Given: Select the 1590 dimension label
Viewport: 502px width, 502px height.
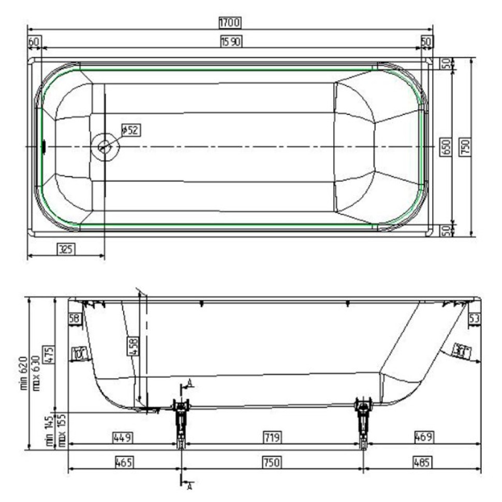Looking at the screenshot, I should click(231, 41).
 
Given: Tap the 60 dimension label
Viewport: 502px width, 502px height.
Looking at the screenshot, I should click(34, 41).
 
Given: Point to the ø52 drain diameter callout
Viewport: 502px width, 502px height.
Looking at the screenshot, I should click(131, 130).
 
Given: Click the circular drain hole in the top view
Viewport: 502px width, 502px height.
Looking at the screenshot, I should click(105, 147).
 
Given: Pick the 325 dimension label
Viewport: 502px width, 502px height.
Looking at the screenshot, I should click(64, 249).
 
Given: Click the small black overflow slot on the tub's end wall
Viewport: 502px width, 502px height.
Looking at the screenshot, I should click(43, 147).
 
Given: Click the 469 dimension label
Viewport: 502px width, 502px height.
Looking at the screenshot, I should click(423, 437).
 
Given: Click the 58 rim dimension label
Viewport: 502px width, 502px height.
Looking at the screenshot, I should click(75, 318).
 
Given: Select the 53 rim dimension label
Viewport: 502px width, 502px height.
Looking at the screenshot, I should click(474, 318).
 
